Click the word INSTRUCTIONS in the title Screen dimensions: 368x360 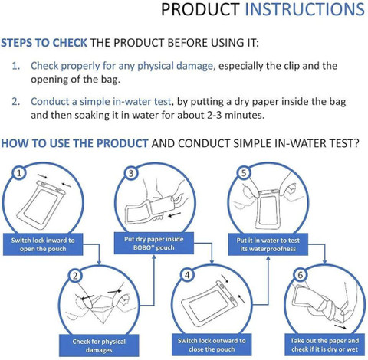point(305,10)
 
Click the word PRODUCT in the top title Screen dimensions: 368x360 point(200,10)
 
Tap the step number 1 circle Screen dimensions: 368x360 point(19,173)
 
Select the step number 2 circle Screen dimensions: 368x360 point(75,276)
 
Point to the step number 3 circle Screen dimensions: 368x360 point(131,173)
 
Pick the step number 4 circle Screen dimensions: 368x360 point(187,275)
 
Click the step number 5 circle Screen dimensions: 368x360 point(244,173)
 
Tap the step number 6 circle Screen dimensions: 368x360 point(301,275)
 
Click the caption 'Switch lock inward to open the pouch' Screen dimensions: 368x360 point(43,244)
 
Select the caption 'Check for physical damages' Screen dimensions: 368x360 point(99,345)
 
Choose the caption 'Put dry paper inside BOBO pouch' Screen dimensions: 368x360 point(154,243)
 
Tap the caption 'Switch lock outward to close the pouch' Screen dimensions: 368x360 point(212,345)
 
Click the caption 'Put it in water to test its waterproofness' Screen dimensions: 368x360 point(268,244)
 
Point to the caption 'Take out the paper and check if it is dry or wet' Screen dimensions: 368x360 point(325,345)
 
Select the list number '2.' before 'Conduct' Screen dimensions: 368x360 point(16,102)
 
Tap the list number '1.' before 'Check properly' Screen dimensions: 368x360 point(16,66)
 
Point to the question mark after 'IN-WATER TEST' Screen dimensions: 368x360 point(356,143)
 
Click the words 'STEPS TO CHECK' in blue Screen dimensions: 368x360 point(44,43)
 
